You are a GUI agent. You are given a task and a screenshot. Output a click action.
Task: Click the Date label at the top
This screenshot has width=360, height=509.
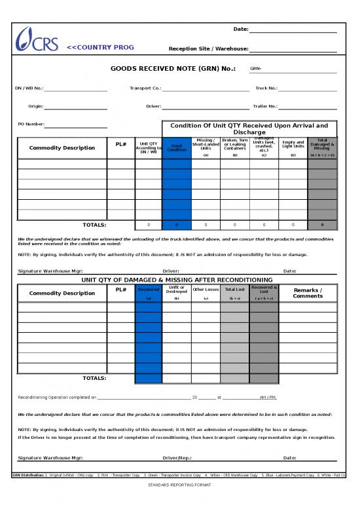pos(240,29)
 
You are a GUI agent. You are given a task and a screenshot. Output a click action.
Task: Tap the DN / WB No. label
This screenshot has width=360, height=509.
pos(29,88)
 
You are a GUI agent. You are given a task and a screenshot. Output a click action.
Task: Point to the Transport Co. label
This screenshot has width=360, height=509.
pos(145,88)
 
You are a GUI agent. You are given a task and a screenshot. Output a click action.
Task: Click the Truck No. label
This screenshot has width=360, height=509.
pos(266,88)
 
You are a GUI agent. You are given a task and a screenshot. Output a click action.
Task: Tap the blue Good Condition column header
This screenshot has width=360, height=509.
pos(177,147)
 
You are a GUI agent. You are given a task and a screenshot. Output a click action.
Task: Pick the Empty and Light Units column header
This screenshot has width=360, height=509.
pos(293,144)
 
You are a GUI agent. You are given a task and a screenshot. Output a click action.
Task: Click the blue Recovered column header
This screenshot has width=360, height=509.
pos(149,290)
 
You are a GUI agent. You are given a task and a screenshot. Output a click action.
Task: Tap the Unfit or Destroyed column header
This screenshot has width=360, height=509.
pos(177,290)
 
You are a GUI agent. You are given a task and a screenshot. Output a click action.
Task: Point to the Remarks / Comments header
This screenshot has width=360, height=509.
pos(308,293)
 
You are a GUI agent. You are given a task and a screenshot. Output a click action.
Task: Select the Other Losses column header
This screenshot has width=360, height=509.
pos(206,289)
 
